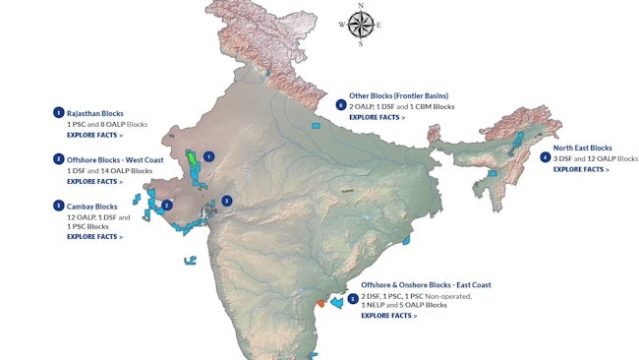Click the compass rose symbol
360,25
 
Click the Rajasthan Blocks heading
95,113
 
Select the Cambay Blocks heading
92,206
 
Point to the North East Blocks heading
582,148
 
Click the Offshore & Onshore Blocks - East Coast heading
426,284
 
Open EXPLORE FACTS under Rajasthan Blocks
94,135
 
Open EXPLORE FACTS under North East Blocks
580,169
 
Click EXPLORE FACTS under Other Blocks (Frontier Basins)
377,117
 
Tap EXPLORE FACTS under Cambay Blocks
94,236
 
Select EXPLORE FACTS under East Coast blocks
388,316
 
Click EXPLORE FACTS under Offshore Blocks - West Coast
94,181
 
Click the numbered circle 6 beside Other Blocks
340,104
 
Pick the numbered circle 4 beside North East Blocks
545,157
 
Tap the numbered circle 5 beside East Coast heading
352,298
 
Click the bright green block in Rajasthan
191,156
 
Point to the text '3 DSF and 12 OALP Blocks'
596,158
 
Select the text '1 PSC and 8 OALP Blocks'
107,125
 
